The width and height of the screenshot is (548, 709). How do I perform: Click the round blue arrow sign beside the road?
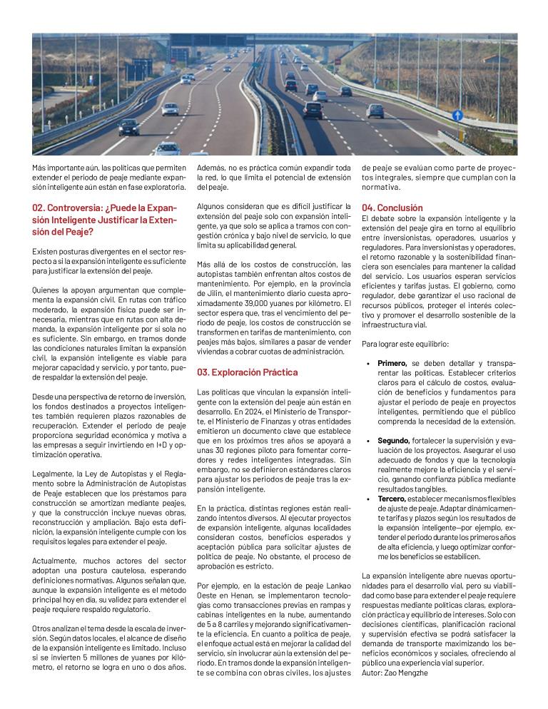[457, 115]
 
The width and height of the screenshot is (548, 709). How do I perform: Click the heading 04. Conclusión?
[392, 208]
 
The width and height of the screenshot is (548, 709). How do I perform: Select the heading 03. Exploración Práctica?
[247, 372]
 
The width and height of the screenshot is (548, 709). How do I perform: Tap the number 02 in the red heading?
[39, 208]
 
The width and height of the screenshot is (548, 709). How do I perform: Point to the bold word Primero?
[392, 363]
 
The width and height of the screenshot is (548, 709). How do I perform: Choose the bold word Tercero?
[392, 499]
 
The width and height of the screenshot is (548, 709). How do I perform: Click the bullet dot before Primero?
[368, 363]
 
